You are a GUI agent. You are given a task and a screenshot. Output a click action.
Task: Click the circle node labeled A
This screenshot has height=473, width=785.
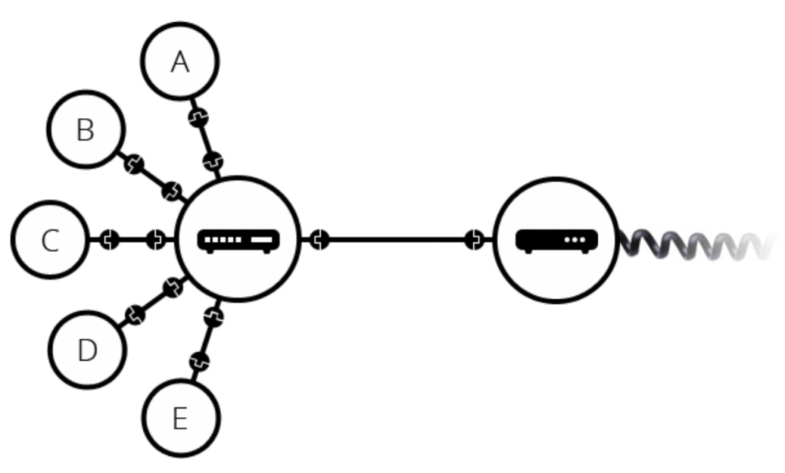point(180,61)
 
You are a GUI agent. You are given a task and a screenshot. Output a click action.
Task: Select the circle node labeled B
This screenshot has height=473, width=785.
point(85,129)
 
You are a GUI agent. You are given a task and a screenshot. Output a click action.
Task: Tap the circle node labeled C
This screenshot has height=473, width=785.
point(50,240)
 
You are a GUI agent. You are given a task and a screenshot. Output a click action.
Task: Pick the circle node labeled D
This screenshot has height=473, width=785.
point(87,349)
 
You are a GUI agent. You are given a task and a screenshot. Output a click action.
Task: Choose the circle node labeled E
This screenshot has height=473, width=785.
point(180,418)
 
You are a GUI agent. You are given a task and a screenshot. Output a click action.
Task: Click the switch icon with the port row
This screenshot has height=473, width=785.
point(239,240)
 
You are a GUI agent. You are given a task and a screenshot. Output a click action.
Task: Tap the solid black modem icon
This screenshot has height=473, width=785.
point(557,240)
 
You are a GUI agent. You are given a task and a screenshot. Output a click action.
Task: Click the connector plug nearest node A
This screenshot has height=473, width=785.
point(198,118)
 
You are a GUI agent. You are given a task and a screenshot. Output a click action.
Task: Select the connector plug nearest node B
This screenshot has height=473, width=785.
point(135,165)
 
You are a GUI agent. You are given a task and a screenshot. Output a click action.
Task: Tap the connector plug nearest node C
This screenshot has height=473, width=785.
point(110,240)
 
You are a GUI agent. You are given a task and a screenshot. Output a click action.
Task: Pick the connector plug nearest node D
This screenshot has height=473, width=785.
point(135,315)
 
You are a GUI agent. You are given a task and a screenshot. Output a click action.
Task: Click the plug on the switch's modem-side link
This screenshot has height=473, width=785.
point(320,240)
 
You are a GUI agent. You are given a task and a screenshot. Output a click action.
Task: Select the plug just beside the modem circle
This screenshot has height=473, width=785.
point(475,240)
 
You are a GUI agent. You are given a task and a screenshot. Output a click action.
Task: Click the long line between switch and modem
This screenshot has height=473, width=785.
point(398,240)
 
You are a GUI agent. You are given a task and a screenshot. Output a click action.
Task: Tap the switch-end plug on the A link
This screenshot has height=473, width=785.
point(213,161)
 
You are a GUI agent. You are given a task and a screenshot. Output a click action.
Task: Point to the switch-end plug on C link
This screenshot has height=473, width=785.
point(156,240)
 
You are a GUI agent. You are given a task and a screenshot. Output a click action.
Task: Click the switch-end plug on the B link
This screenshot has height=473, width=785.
point(172,192)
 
